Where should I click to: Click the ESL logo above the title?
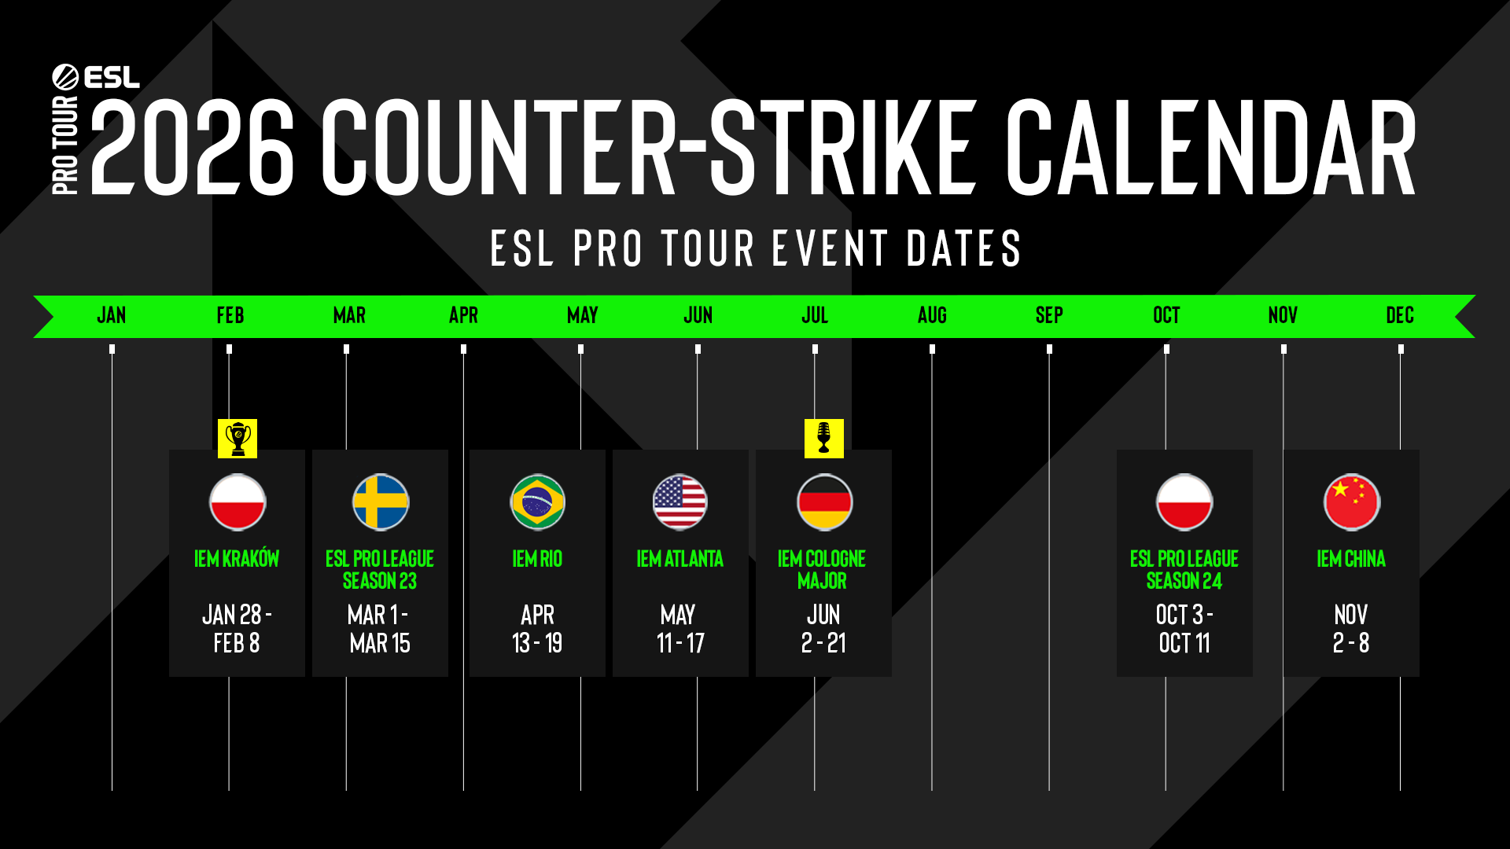click(96, 77)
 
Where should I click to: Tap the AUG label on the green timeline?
click(932, 315)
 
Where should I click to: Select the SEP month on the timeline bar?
click(1049, 315)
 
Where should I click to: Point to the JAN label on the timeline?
click(112, 315)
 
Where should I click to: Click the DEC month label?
click(1400, 315)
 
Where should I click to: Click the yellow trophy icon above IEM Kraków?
click(238, 438)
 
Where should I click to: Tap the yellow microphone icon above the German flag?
click(824, 438)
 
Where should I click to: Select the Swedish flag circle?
click(381, 502)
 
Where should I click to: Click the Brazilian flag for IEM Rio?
click(538, 502)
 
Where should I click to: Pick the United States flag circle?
click(680, 502)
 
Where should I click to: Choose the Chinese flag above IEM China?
click(1352, 502)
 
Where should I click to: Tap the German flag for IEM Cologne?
click(824, 502)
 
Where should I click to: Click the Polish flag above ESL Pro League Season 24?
click(1184, 502)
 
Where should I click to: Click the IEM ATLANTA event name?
click(680, 559)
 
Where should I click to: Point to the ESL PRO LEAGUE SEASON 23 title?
click(380, 570)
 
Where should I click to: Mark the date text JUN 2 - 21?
click(823, 629)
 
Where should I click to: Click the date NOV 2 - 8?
click(1351, 629)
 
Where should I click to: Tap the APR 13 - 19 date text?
click(537, 629)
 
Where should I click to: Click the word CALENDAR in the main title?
click(1211, 147)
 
